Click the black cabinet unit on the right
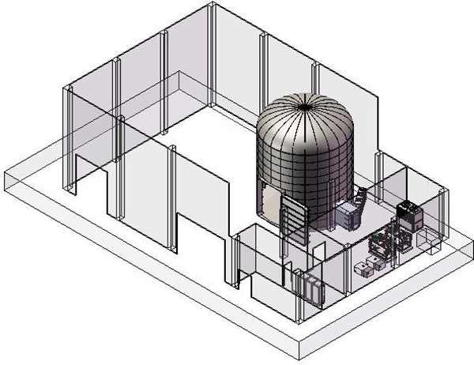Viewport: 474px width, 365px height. pos(409,214)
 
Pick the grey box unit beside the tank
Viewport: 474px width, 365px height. pos(347,214)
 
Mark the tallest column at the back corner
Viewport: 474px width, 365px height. pos(213,55)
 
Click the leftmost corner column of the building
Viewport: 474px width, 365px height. pos(69,138)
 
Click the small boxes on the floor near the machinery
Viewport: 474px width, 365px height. pos(368,267)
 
